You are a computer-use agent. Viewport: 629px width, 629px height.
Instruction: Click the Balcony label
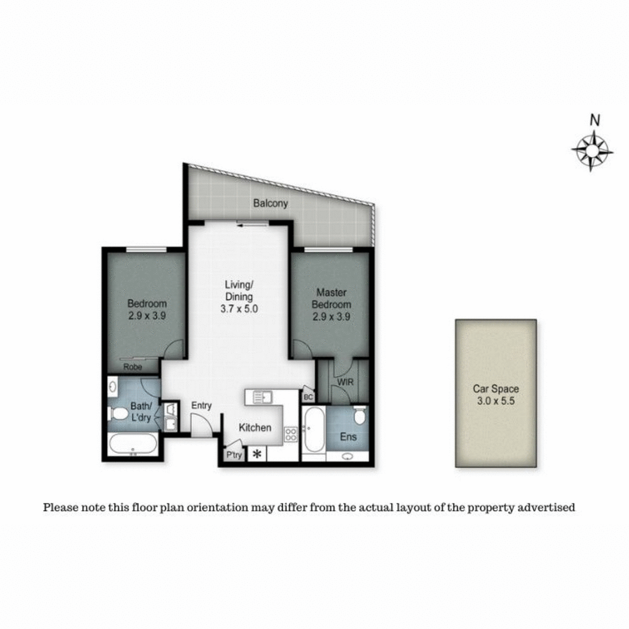click(x=270, y=203)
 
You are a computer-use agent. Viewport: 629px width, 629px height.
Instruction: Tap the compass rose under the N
click(x=592, y=151)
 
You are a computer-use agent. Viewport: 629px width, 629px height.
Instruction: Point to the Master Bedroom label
click(x=331, y=298)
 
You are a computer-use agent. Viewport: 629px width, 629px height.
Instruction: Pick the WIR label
click(x=345, y=382)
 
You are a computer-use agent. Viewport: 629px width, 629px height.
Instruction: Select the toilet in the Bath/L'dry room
click(x=118, y=415)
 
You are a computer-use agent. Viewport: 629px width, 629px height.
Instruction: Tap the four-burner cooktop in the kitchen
click(x=290, y=433)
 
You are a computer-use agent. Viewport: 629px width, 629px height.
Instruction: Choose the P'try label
click(x=233, y=455)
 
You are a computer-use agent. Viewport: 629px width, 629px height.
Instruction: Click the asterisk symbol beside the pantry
click(x=257, y=454)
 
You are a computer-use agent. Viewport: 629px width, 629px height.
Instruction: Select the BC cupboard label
click(x=308, y=397)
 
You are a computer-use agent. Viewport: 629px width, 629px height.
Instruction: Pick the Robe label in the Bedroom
click(x=133, y=367)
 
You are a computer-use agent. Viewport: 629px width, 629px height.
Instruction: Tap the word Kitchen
click(x=255, y=428)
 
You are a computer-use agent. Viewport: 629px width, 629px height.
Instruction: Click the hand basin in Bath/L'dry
click(x=114, y=388)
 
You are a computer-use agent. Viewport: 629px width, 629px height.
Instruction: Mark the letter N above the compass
click(x=594, y=121)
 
